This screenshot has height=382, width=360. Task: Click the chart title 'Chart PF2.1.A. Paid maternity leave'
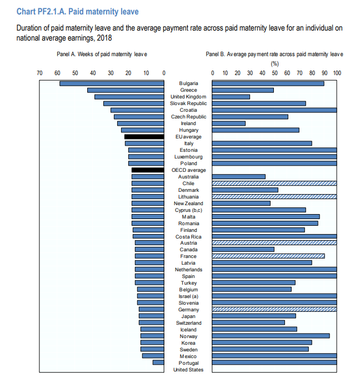pos(78,11)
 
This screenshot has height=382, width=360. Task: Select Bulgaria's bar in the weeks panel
pos(112,83)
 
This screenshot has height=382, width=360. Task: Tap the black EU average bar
pos(144,137)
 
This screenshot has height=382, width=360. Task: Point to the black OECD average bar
pos(148,170)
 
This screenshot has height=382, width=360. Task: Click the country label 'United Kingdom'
pos(188,97)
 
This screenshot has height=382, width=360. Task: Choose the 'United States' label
pos(188,370)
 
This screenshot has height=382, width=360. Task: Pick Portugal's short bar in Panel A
pos(158,363)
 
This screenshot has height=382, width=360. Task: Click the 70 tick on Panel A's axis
pos(39,73)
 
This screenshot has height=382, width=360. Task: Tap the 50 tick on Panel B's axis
pos(275,73)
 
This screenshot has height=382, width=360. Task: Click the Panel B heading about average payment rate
pos(274,54)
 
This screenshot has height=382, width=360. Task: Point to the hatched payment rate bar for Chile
pos(274,183)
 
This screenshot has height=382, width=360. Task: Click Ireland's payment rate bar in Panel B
pos(229,123)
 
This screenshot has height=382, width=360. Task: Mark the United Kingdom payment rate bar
pos(231,97)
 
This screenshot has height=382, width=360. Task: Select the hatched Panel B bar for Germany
pos(274,310)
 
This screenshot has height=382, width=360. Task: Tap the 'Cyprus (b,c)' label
pos(188,210)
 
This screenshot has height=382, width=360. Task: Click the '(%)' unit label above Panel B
pos(274,63)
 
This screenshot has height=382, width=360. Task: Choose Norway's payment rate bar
pos(271,336)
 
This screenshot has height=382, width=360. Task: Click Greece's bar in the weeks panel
pos(126,90)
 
